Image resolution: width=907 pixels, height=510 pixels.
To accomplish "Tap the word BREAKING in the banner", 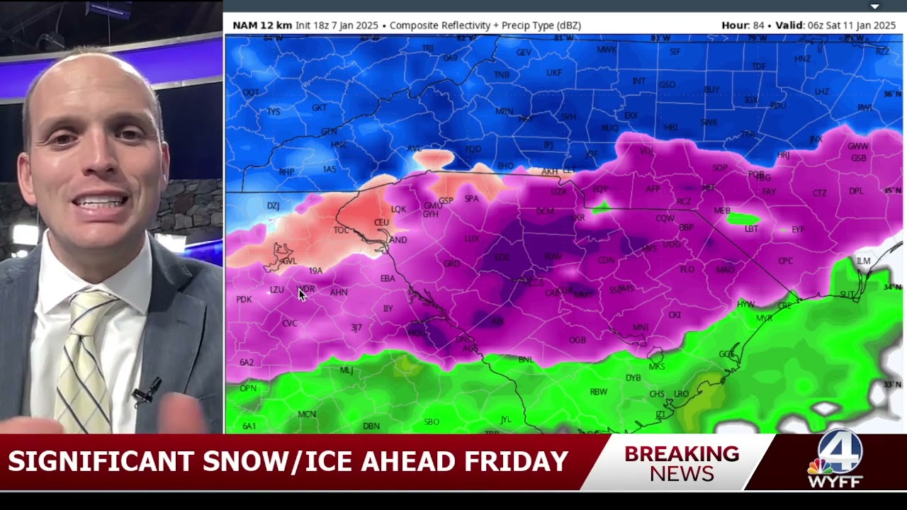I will click(681, 453).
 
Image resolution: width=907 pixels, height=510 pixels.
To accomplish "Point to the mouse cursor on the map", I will click(302, 295).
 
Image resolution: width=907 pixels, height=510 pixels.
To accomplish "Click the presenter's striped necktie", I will click(84, 354).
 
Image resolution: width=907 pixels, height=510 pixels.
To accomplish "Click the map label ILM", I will click(863, 261).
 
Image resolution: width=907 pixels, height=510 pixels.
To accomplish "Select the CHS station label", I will click(657, 394).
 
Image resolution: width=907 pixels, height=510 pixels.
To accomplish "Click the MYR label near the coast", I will click(764, 318).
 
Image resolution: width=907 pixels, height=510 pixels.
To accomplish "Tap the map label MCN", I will click(307, 414).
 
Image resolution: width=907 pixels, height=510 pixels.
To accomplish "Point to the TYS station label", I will click(274, 112).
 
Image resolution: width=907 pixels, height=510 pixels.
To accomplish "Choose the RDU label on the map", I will click(778, 106).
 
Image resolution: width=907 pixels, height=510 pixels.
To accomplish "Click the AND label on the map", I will click(398, 240).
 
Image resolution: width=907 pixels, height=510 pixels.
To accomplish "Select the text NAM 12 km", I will click(262, 25).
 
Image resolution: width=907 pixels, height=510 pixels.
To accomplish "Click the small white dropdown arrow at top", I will click(874, 6).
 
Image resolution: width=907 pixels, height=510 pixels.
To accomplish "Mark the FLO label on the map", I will click(687, 270).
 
